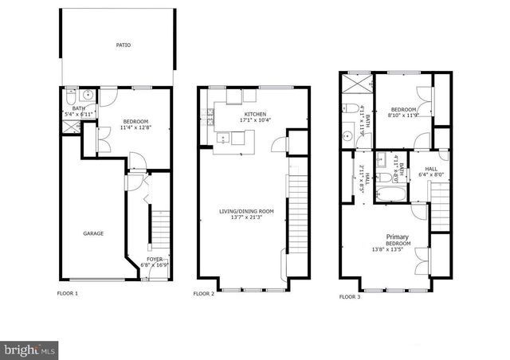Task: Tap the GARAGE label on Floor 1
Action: pyautogui.click(x=94, y=233)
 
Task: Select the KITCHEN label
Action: pyautogui.click(x=233, y=113)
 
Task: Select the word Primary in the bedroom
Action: pyautogui.click(x=398, y=237)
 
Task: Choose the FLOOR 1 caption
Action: pyautogui.click(x=67, y=294)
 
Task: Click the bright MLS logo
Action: pyautogui.click(x=29, y=349)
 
